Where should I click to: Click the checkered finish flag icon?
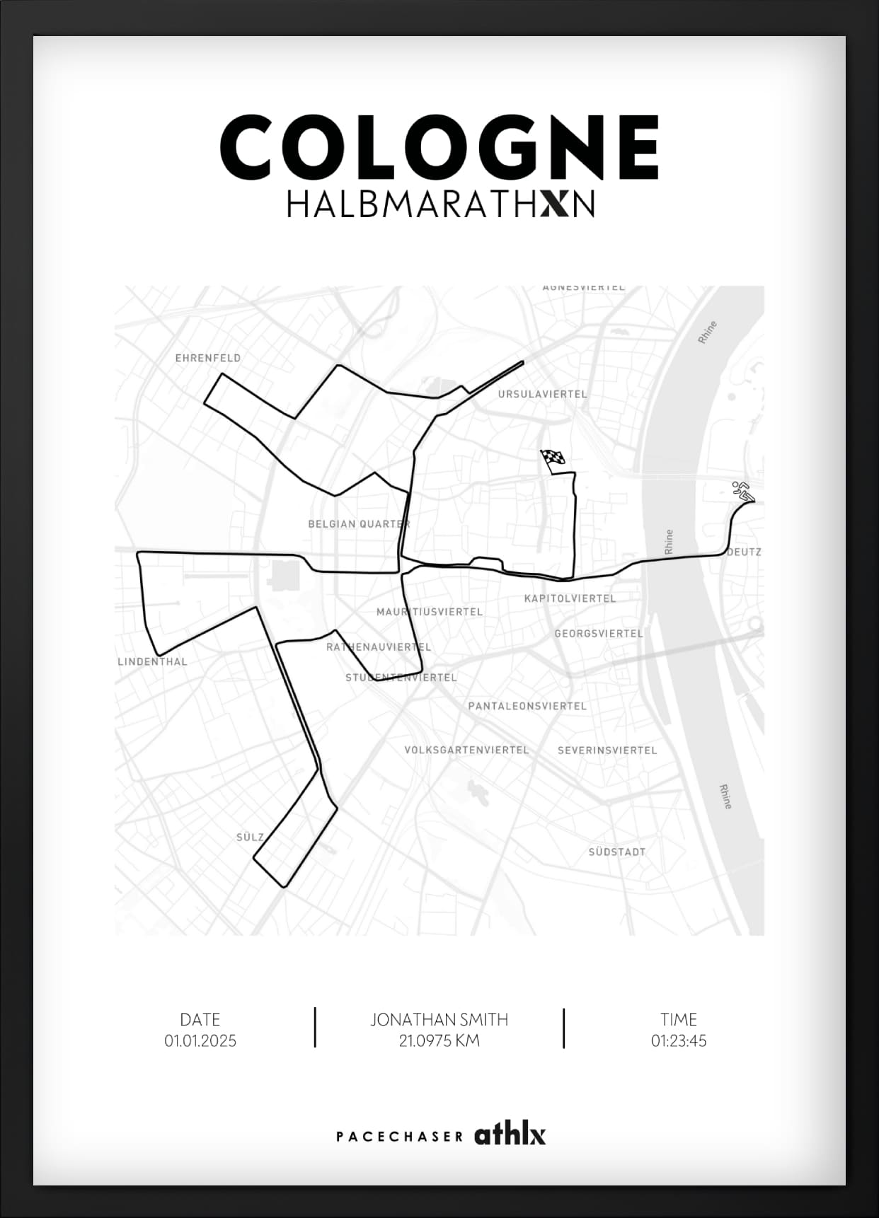pyautogui.click(x=553, y=460)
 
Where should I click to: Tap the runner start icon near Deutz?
pyautogui.click(x=742, y=491)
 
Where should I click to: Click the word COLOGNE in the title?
pyautogui.click(x=439, y=148)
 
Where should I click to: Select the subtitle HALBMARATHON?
pyautogui.click(x=439, y=204)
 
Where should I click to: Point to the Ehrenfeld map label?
pyautogui.click(x=208, y=358)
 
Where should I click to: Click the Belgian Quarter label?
pyautogui.click(x=359, y=524)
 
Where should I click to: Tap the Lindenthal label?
pyautogui.click(x=152, y=662)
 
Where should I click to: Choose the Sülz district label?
pyautogui.click(x=250, y=837)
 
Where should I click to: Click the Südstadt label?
pyautogui.click(x=616, y=852)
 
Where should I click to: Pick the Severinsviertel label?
pyautogui.click(x=607, y=750)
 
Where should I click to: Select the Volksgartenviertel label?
pyautogui.click(x=466, y=750)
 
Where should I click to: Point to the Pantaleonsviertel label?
pyautogui.click(x=527, y=706)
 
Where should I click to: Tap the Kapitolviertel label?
pyautogui.click(x=570, y=598)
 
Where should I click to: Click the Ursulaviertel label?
pyautogui.click(x=542, y=394)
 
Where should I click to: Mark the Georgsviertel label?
pyautogui.click(x=599, y=633)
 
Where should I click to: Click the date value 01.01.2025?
pyautogui.click(x=200, y=1040)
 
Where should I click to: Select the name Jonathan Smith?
pyautogui.click(x=439, y=1019)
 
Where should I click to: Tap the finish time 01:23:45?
pyautogui.click(x=679, y=1040)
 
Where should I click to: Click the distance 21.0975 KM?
pyautogui.click(x=439, y=1040)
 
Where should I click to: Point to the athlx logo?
pyautogui.click(x=510, y=1135)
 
